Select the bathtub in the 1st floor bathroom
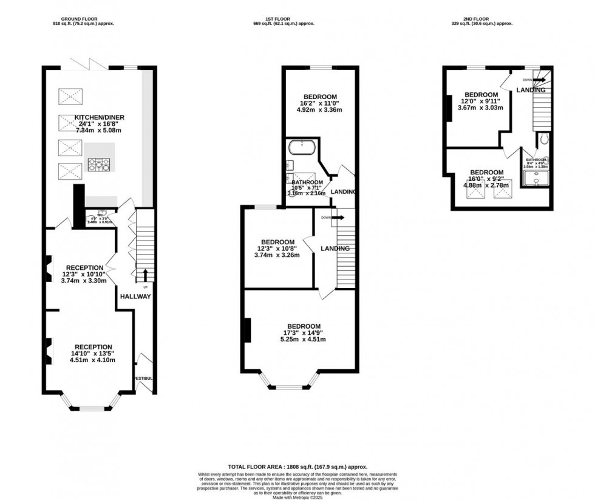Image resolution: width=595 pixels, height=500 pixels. tap(300, 146)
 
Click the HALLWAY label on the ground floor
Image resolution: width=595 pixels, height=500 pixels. tap(135, 296)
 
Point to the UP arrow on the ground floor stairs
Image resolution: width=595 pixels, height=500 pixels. tap(145, 275)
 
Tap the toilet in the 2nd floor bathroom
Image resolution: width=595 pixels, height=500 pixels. tap(543, 140)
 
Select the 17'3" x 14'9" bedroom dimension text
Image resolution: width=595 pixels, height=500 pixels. tap(304, 332)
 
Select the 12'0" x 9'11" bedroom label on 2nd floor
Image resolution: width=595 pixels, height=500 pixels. tap(481, 101)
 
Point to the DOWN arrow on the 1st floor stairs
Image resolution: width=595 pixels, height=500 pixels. tap(339, 217)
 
